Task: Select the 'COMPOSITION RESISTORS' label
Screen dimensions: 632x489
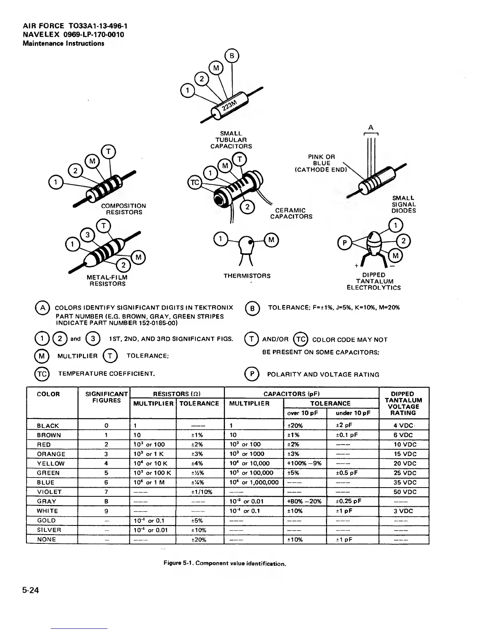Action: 123,209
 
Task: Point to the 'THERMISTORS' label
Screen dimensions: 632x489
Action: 247,276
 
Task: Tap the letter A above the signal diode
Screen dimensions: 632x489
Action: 371,128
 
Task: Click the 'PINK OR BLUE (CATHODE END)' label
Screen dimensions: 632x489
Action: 321,163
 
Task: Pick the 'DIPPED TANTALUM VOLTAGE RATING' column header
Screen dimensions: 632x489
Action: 403,403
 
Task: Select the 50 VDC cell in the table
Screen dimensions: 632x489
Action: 405,492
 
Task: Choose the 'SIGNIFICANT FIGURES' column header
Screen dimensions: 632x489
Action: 106,397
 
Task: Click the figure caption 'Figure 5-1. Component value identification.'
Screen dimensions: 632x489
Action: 225,564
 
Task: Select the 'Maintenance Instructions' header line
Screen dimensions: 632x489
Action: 64,43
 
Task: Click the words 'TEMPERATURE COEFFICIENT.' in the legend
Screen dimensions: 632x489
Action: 107,374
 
